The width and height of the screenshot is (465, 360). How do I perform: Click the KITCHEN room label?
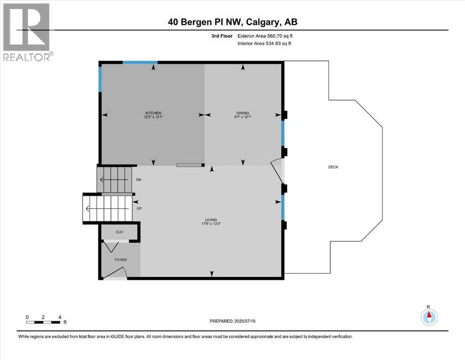153,113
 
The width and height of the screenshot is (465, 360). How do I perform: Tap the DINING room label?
242,113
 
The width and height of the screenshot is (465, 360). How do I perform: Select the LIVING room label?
212,220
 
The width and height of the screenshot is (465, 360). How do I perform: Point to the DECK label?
333,167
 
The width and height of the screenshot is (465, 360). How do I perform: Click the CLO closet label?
119,232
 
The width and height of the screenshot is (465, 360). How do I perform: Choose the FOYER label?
120,260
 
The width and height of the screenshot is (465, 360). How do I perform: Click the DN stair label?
138,180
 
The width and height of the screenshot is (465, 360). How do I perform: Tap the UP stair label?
139,209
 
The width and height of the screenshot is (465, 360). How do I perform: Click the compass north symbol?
428,316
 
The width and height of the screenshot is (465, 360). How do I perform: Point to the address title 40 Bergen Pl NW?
232,22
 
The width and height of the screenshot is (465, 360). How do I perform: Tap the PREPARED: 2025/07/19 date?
233,321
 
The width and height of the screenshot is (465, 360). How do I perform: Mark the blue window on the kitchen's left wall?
100,79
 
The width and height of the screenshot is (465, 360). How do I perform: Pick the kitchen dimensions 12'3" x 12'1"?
153,117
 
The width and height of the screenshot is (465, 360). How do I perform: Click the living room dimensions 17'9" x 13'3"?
212,224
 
